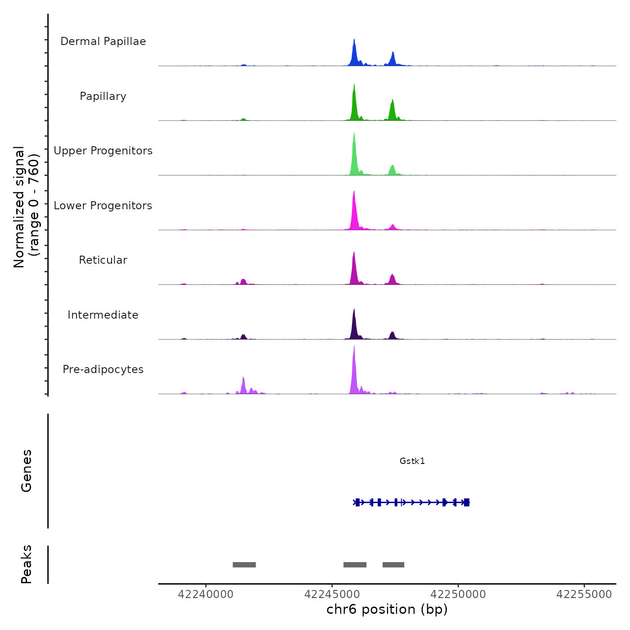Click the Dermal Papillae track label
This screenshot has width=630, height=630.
pos(103,41)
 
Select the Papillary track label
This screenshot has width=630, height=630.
pos(103,96)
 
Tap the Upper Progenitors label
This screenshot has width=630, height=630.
pos(103,151)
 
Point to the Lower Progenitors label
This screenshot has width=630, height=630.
pos(103,206)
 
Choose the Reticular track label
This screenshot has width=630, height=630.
pos(103,260)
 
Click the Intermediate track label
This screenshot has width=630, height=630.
pos(103,315)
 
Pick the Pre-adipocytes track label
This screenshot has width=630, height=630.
pos(103,369)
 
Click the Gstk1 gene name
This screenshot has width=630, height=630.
pos(412,461)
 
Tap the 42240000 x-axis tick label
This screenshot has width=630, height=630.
pos(206,594)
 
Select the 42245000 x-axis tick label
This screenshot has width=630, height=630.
pos(332,594)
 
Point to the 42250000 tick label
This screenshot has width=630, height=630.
pos(458,594)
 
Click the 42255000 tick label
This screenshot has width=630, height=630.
pos(584,594)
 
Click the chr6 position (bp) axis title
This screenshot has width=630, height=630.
pos(387,609)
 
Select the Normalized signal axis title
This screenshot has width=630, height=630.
pos(26,207)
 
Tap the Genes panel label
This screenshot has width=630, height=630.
pos(27,471)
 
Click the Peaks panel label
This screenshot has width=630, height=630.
pos(27,564)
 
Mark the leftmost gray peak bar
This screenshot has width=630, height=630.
pos(244,565)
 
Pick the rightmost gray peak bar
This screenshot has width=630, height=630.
pos(393,565)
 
